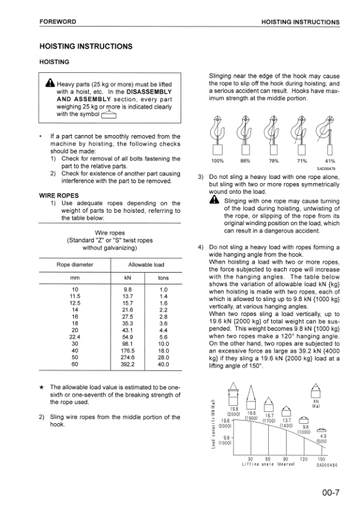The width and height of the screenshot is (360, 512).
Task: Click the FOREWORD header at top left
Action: (57, 22)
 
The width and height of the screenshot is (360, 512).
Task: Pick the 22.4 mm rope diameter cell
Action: (75, 337)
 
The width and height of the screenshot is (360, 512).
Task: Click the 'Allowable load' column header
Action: (145, 265)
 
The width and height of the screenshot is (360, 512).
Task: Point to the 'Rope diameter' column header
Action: (75, 265)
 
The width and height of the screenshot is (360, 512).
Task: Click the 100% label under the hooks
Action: (217, 162)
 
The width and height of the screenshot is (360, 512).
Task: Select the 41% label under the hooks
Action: (329, 162)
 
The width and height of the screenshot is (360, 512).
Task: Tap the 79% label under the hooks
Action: (274, 162)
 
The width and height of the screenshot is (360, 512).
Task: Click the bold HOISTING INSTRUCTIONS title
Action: (85, 46)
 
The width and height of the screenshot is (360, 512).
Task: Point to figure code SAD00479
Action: (326, 168)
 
